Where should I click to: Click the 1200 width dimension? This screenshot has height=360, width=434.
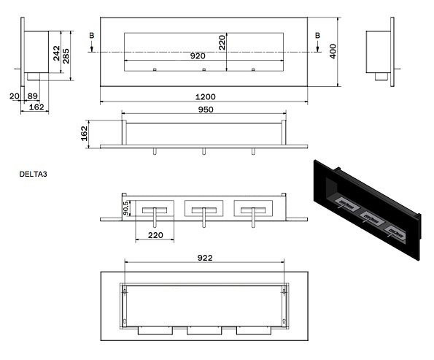(205, 96)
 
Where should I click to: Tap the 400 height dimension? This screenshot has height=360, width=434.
(333, 51)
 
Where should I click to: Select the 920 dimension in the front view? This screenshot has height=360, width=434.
(198, 56)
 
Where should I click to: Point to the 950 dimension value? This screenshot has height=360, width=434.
(206, 110)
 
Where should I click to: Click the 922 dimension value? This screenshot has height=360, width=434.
(205, 258)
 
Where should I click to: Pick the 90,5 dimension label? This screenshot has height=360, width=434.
(125, 208)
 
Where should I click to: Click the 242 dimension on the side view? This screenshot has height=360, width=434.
(56, 53)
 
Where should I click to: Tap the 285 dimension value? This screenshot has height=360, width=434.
(66, 56)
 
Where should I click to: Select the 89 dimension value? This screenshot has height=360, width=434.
(33, 96)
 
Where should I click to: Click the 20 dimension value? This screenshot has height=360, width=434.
(15, 96)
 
